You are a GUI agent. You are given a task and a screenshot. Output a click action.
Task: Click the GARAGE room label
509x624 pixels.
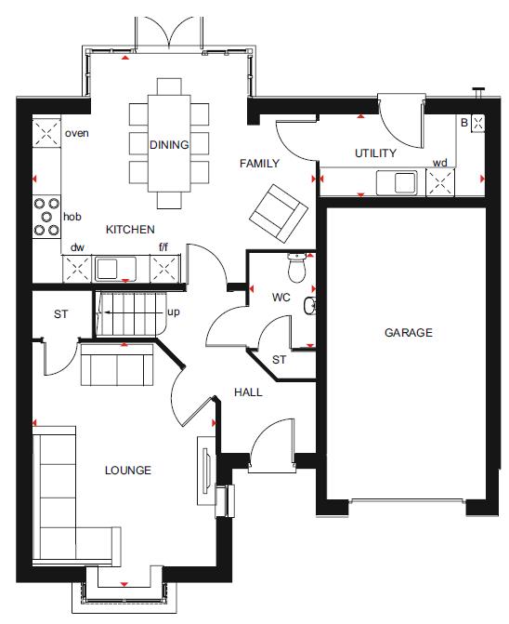coord(409,332)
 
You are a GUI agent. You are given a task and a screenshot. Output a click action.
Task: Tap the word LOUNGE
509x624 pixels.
coord(128,471)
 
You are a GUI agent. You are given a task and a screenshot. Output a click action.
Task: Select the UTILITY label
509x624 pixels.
coord(375,153)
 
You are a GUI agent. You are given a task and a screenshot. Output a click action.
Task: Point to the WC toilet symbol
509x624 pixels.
coord(296,267)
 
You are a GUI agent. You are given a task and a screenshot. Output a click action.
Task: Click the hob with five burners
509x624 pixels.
coord(46,217)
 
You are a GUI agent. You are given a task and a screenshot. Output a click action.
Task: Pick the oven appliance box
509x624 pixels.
coord(46,133)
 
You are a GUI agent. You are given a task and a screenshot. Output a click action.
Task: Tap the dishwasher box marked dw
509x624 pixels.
coord(77,270)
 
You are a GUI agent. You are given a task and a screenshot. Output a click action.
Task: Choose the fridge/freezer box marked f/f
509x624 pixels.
coord(165,270)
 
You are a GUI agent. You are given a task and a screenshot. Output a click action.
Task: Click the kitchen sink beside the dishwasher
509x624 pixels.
coord(115,269)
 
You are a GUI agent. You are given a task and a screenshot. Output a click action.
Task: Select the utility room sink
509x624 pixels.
coord(397,182)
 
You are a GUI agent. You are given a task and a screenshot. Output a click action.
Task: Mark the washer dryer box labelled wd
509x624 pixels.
coord(440,182)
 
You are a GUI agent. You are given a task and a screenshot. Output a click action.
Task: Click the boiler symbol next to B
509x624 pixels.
coord(478,124)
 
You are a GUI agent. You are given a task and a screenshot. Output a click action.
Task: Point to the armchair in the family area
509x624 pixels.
coord(279,214)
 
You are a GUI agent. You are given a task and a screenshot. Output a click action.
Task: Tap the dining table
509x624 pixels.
coord(169,143)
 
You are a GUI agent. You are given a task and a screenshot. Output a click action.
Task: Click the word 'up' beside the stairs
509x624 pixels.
coord(174,312)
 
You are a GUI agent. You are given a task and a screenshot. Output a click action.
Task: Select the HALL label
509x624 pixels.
coord(248,392)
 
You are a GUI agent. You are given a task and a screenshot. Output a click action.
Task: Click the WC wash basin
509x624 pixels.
coord(310,306)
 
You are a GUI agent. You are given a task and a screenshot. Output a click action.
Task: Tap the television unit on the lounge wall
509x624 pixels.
coord(206,471)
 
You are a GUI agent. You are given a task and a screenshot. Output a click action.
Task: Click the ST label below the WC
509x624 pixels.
coord(279,360)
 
